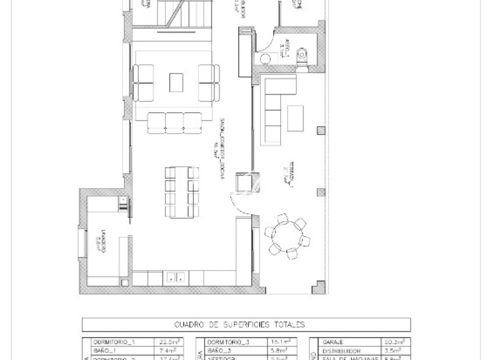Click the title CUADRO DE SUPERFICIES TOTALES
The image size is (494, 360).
(x=247, y=325)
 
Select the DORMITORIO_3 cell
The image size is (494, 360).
(x=227, y=343)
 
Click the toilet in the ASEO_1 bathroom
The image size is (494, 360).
(x=302, y=56)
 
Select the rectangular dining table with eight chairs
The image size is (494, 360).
(x=181, y=192)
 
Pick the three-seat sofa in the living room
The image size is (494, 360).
(x=174, y=121)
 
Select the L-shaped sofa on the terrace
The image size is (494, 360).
(x=273, y=105)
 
